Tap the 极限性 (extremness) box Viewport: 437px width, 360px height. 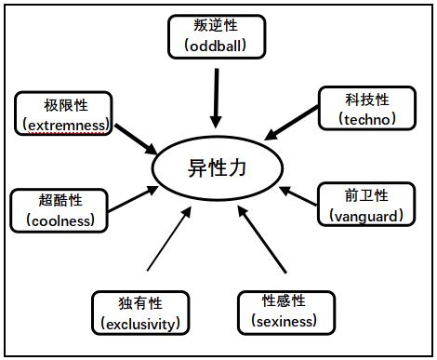pyautogui.click(x=63, y=113)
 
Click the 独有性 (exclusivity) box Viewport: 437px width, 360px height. pyautogui.click(x=140, y=313)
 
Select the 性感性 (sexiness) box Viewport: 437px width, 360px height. pyautogui.click(x=285, y=311)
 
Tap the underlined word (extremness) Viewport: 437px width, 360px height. pyautogui.click(x=63, y=124)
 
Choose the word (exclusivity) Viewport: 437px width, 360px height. pyautogui.click(x=140, y=324)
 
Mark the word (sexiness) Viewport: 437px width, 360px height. pyautogui.click(x=285, y=322)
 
